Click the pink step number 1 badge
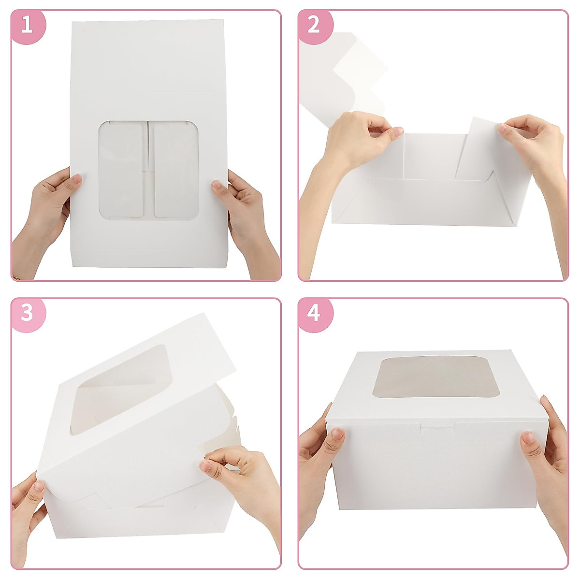click(x=27, y=25)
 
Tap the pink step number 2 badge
click(x=314, y=25)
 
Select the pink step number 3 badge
click(x=27, y=313)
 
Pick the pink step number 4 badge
click(x=314, y=313)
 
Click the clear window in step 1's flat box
click(x=148, y=169)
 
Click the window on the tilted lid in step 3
click(x=121, y=387)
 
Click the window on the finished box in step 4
click(x=436, y=377)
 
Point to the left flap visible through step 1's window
click(x=122, y=169)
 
